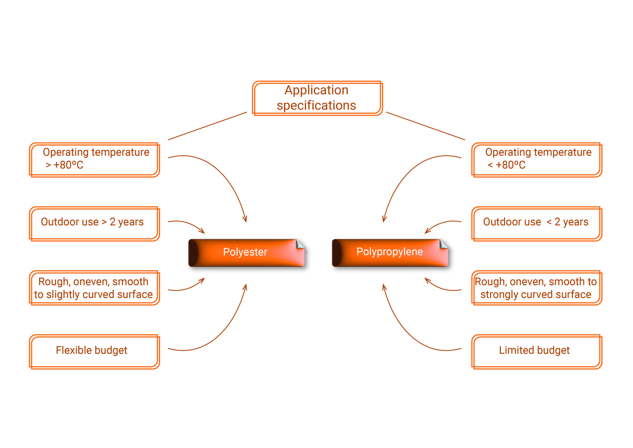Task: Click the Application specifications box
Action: [317, 98]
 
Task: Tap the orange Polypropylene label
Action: [390, 252]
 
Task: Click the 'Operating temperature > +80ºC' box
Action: [94, 160]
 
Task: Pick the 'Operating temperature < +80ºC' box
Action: [537, 160]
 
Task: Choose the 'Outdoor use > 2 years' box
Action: [94, 224]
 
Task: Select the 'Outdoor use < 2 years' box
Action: [537, 224]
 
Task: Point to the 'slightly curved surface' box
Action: [94, 288]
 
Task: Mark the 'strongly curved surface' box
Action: [537, 288]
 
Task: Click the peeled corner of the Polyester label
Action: [300, 244]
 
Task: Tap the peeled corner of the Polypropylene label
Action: [443, 244]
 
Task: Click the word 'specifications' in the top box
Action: [316, 106]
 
